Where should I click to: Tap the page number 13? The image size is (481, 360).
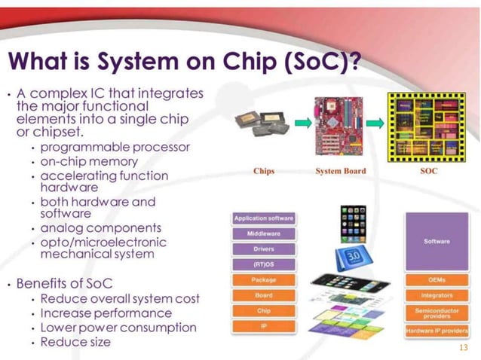pos(464,348)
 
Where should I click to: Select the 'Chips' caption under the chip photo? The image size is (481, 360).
pos(264,171)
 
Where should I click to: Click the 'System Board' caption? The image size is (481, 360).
pos(341,171)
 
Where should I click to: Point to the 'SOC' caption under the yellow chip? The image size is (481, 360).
pos(427,171)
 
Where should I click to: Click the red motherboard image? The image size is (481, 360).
pos(340,125)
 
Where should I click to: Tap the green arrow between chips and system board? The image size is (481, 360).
pos(302,124)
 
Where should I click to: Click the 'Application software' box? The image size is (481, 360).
pos(263,218)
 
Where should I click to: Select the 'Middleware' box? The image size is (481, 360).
pos(263,234)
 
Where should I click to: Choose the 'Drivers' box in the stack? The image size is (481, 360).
pos(263,249)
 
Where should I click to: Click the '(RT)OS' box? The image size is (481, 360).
pos(263,264)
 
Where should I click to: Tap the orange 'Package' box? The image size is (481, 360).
pos(263,280)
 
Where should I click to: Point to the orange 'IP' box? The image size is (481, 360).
pos(263,327)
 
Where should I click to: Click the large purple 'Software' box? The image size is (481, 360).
pos(437,241)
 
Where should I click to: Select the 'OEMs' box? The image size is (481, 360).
pos(437,280)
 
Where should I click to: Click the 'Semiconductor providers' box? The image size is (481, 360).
pos(437,312)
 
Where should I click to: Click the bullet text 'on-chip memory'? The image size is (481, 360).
pos(89,161)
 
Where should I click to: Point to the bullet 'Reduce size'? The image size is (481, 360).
pos(75,342)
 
